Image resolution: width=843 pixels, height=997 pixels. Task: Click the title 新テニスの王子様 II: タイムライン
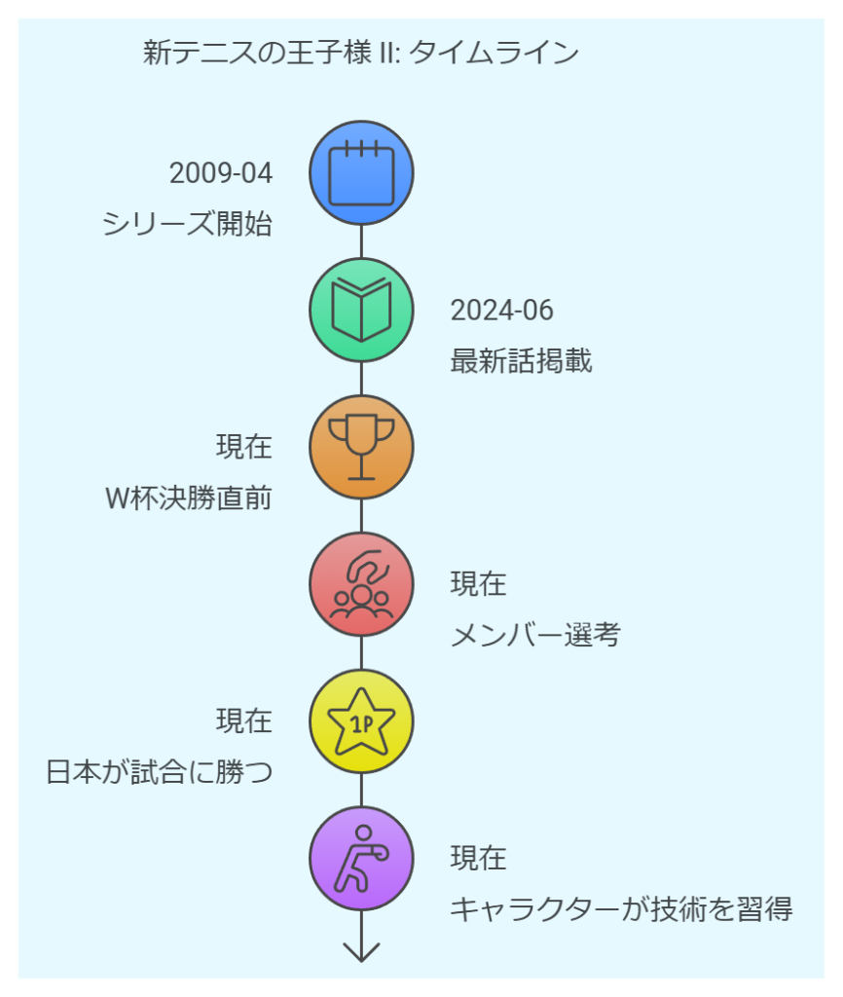pyautogui.click(x=360, y=53)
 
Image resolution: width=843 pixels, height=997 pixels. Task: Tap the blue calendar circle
pyautogui.click(x=361, y=173)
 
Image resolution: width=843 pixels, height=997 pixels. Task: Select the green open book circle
pyautogui.click(x=361, y=311)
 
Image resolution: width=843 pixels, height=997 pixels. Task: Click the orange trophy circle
pyautogui.click(x=361, y=447)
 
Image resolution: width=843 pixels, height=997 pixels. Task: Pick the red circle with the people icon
pyautogui.click(x=361, y=584)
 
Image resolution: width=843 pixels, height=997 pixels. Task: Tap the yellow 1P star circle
pyautogui.click(x=361, y=721)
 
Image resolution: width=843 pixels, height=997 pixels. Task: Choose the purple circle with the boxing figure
pyautogui.click(x=361, y=859)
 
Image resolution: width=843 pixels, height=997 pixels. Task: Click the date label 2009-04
pyautogui.click(x=221, y=173)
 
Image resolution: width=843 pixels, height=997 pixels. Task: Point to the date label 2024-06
pyautogui.click(x=502, y=311)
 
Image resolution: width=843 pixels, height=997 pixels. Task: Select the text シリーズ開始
pyautogui.click(x=187, y=224)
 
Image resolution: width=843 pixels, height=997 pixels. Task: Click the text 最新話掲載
pyautogui.click(x=522, y=360)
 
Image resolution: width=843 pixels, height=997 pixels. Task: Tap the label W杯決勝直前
pyautogui.click(x=189, y=498)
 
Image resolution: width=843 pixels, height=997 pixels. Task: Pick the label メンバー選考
pyautogui.click(x=535, y=635)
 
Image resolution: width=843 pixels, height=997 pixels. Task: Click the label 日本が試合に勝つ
pyautogui.click(x=160, y=772)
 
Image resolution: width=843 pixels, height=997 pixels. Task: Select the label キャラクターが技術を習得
pyautogui.click(x=621, y=909)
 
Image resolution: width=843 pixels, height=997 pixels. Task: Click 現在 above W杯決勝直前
pyautogui.click(x=244, y=446)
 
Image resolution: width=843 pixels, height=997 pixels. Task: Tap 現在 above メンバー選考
pyautogui.click(x=479, y=584)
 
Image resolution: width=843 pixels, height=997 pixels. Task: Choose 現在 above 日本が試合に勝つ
pyautogui.click(x=244, y=721)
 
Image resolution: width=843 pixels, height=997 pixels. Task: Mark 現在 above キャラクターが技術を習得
pyautogui.click(x=479, y=858)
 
